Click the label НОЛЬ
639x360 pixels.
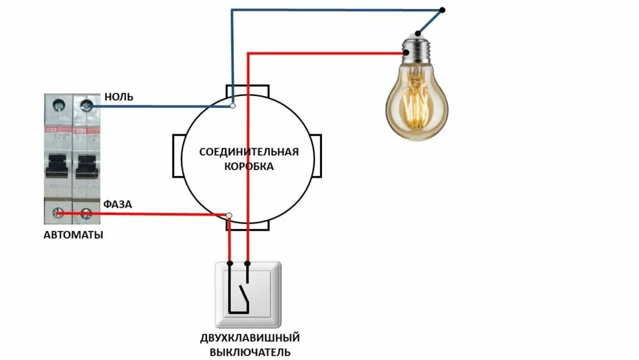click(x=119, y=97)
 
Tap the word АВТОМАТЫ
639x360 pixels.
click(x=73, y=235)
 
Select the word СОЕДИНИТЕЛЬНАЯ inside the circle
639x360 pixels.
click(x=249, y=152)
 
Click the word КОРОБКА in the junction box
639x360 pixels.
click(x=249, y=166)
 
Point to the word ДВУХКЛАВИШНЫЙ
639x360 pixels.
click(x=250, y=338)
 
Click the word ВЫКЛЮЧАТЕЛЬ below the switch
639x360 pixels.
click(x=250, y=352)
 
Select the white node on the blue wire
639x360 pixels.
click(x=233, y=106)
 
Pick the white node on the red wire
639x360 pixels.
click(x=229, y=215)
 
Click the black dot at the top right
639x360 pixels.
click(x=443, y=11)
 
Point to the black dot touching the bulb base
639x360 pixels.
click(x=418, y=33)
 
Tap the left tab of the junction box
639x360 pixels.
click(x=178, y=156)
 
